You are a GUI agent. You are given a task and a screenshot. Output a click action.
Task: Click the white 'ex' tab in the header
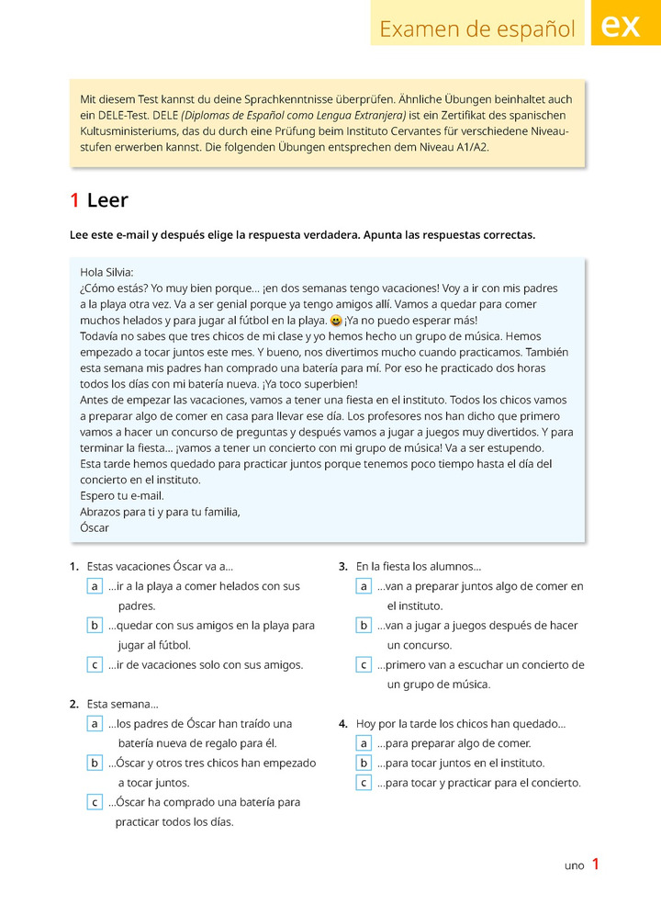pos(622,27)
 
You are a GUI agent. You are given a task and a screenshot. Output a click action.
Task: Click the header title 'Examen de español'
pos(477,29)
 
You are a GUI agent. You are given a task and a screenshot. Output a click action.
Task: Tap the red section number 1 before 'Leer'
pos(74,200)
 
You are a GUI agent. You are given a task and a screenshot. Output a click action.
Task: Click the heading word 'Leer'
pos(107,200)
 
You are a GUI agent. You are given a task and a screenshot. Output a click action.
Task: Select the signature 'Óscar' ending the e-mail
pos(95,528)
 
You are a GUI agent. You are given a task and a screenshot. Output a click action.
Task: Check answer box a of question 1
pos(95,586)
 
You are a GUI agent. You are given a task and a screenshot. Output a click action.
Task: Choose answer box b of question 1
pos(95,626)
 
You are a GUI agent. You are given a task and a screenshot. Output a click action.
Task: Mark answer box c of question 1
pos(95,664)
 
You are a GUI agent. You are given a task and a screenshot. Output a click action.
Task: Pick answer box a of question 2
pos(95,724)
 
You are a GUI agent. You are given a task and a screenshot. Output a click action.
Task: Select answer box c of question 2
pos(95,802)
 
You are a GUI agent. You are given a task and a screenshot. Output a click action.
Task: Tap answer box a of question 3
pos(364,586)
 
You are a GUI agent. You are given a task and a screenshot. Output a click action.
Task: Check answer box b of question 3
pos(364,626)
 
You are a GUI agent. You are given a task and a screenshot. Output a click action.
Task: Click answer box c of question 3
pos(364,664)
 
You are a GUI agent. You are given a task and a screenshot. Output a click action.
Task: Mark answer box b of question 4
pos(364,763)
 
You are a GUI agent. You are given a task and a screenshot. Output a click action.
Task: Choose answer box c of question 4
pos(364,783)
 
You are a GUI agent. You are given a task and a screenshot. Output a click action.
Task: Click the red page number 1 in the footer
pos(596,864)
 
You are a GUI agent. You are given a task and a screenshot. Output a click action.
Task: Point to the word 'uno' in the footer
pos(574,865)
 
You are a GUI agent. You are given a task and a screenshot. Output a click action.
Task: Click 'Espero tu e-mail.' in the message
pos(122,496)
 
